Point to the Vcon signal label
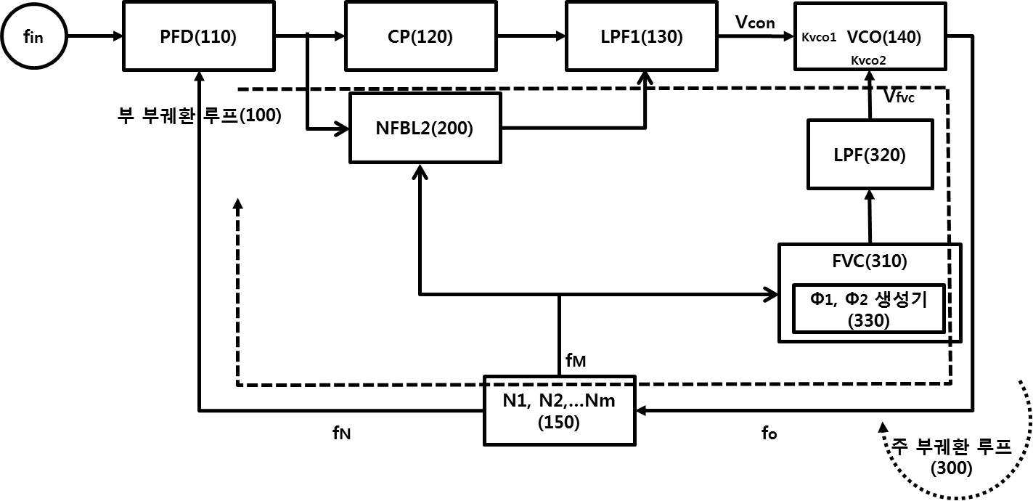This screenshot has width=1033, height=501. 755,22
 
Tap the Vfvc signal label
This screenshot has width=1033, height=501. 899,96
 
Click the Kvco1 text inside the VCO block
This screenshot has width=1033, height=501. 819,37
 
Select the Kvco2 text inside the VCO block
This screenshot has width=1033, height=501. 868,60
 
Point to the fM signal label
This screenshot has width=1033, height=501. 576,360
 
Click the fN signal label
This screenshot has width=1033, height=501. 342,433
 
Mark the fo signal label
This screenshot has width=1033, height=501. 769,433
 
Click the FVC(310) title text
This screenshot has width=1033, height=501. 870,261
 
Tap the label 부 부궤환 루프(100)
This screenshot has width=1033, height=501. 199,115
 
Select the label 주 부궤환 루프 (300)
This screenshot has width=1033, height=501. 952,457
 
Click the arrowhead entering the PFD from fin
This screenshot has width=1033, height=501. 118,36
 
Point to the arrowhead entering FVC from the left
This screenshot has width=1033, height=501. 772,294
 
